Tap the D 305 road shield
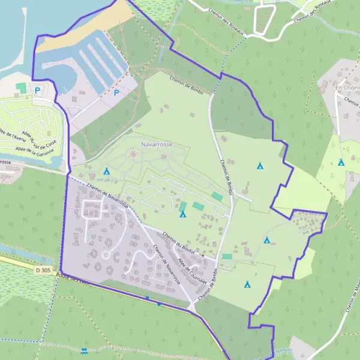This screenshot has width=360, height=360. [x=43, y=271]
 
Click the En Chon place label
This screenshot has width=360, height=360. [x=346, y=88]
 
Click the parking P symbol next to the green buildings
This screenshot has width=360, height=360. [x=37, y=91]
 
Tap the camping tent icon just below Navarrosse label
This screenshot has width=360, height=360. [x=107, y=171]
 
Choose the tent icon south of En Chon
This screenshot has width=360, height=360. [x=341, y=162]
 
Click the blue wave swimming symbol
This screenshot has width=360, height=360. [x=84, y=350]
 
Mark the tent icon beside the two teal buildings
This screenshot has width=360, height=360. [x=182, y=214]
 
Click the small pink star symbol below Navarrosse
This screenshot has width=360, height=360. [x=133, y=154]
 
